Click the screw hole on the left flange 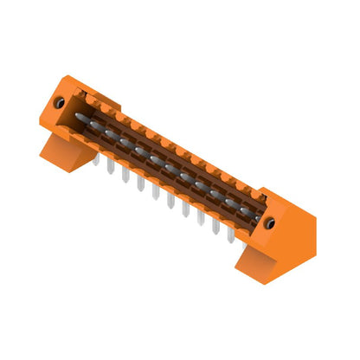coord(61,102)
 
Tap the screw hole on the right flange coord(270,223)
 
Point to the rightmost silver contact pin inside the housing coord(234,203)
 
